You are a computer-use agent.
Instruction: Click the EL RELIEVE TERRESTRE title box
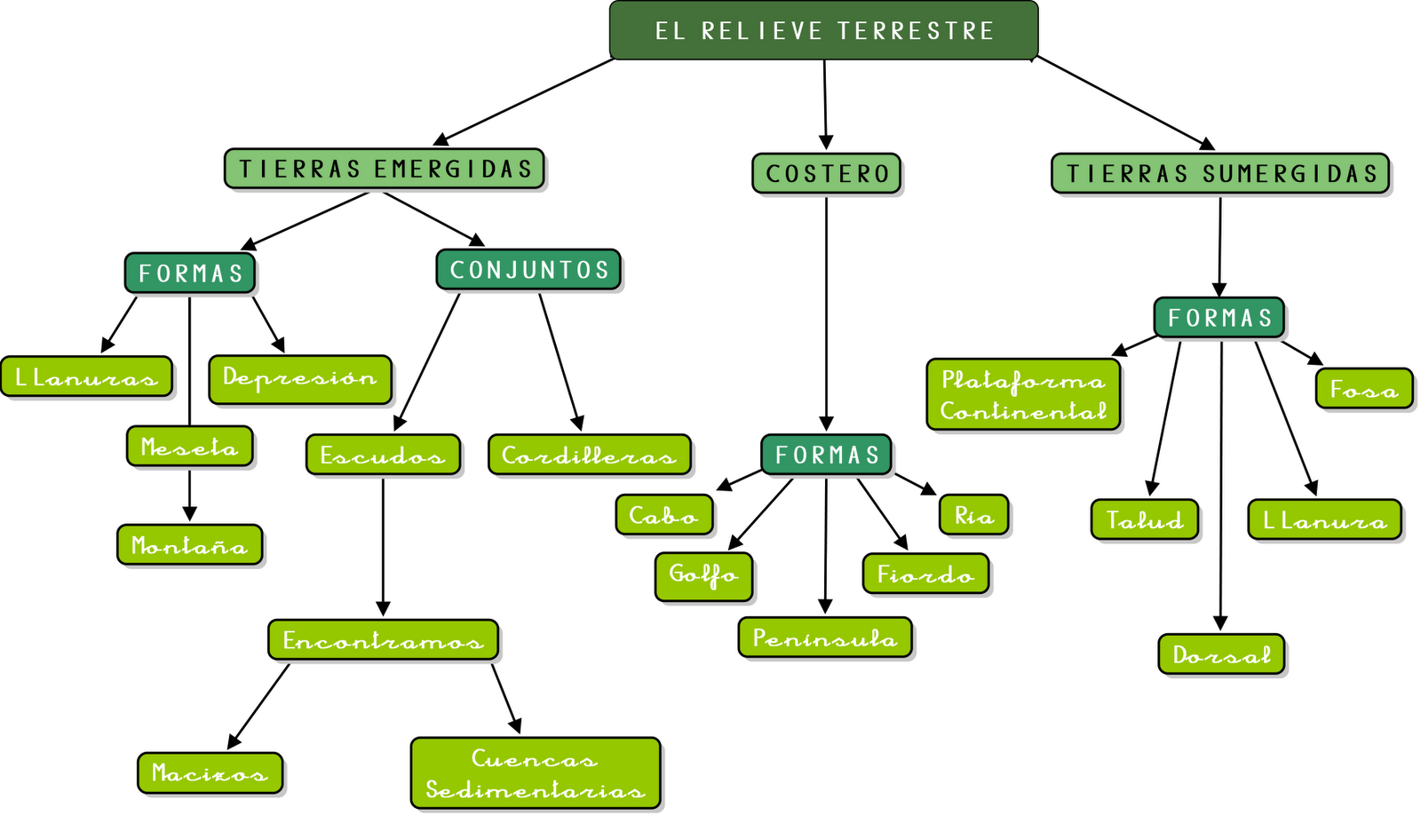tap(823, 30)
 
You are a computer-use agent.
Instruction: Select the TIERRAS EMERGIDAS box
tap(384, 169)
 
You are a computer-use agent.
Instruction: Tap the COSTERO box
tap(826, 173)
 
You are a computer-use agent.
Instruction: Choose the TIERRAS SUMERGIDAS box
tap(1220, 173)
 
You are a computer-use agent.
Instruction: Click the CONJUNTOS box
tap(528, 270)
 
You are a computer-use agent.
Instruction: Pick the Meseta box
tap(189, 447)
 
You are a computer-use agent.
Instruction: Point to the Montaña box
tap(189, 544)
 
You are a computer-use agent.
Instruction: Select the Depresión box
tap(300, 379)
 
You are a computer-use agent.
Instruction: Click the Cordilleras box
tap(589, 455)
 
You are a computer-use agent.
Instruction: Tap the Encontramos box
tap(383, 639)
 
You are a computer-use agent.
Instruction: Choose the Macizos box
tap(210, 772)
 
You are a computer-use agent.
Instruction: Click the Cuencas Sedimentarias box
tap(536, 773)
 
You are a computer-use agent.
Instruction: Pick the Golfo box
tap(703, 576)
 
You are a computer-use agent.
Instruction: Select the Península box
tap(825, 638)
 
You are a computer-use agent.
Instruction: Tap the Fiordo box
tap(925, 574)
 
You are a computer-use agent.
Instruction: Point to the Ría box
tap(973, 515)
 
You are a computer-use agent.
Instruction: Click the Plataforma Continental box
tap(1023, 394)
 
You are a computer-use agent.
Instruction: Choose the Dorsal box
tap(1221, 654)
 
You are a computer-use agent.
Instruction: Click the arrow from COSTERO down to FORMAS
tap(826, 311)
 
